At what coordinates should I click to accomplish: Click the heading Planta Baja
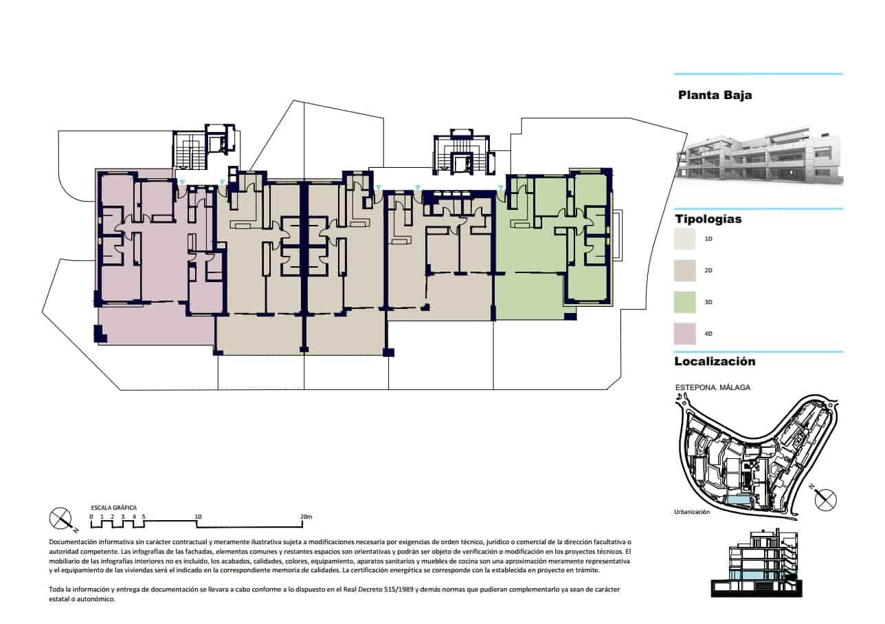715,95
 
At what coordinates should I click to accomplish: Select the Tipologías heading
708,219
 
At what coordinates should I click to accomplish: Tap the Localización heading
715,361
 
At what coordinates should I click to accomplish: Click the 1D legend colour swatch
685,239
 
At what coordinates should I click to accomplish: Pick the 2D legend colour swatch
685,270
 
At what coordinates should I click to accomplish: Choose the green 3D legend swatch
685,302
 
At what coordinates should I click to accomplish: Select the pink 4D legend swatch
685,334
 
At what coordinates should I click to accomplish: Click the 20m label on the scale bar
306,517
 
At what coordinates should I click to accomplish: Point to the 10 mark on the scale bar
198,517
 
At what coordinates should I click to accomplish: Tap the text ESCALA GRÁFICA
113,508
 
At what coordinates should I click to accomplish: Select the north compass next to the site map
825,499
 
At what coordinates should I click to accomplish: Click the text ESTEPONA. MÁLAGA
712,387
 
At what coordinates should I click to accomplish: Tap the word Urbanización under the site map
692,512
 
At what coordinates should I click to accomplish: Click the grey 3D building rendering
759,156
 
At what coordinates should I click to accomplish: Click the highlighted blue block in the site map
740,499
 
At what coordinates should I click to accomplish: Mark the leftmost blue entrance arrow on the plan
181,182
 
